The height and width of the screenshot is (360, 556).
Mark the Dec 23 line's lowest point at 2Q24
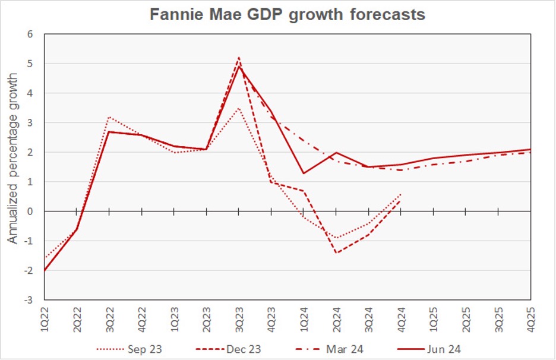tap(336, 253)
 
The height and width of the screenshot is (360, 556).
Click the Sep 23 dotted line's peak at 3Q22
tap(109, 117)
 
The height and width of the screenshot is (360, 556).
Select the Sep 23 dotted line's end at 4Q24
tap(401, 194)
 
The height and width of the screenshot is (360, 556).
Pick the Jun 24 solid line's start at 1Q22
tap(45, 270)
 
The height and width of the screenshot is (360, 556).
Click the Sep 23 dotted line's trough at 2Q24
tap(336, 238)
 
